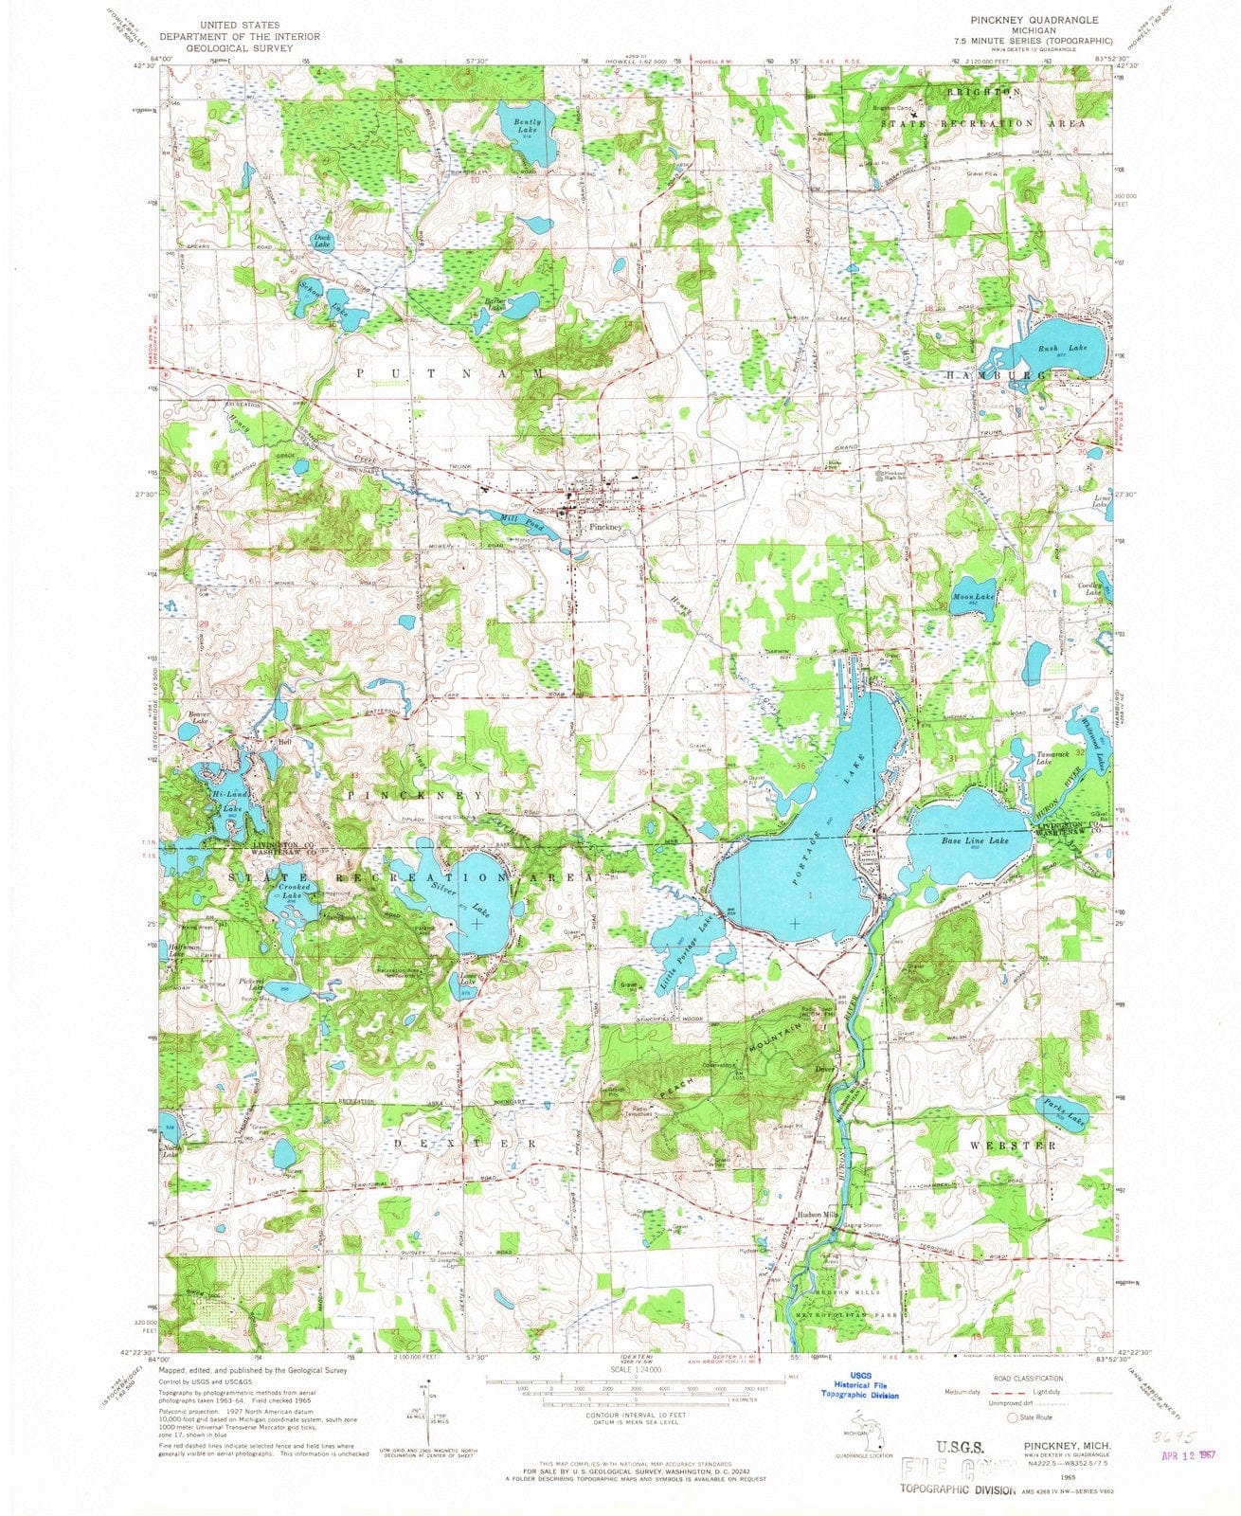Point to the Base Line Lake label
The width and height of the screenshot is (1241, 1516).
click(974, 840)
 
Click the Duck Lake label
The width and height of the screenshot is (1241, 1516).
click(322, 242)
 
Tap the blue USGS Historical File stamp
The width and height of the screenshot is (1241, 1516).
click(860, 1386)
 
